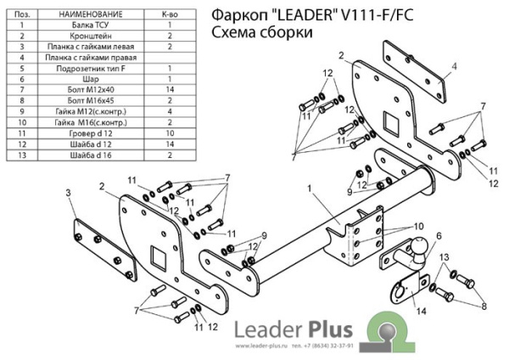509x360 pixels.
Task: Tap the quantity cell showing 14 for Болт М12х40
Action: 170,88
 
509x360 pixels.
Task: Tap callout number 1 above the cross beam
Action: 310,188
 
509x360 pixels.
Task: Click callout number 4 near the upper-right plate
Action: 455,65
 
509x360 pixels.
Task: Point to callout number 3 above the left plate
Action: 67,194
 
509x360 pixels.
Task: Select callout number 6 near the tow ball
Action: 439,235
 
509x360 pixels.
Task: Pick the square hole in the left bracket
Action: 157,256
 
